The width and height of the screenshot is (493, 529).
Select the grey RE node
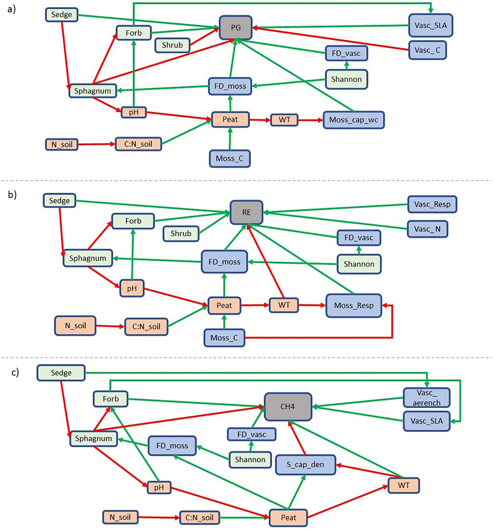point(246,212)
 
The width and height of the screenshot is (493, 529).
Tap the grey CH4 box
point(288,406)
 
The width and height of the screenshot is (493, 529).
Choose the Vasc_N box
point(428,227)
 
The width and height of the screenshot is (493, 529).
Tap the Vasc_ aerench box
point(426,397)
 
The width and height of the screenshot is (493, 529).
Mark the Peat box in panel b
point(224,305)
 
